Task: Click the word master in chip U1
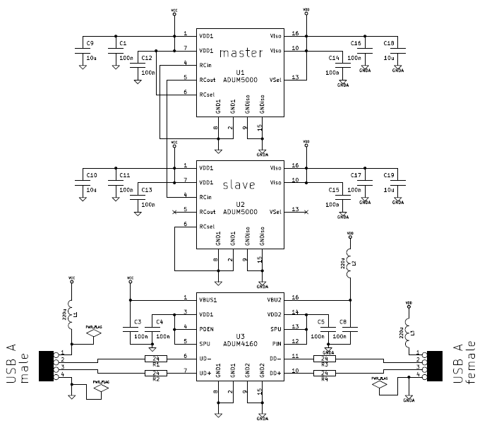[x=241, y=53]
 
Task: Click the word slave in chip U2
[x=240, y=185]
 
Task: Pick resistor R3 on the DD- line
[x=325, y=359]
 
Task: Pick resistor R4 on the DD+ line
[x=325, y=372]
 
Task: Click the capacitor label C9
[x=90, y=44]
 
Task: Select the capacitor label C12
[x=147, y=57]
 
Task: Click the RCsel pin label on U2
[x=208, y=226]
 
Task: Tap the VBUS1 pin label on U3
[x=208, y=299]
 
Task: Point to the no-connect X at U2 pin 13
[x=306, y=212]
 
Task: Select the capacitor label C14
[x=334, y=57]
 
